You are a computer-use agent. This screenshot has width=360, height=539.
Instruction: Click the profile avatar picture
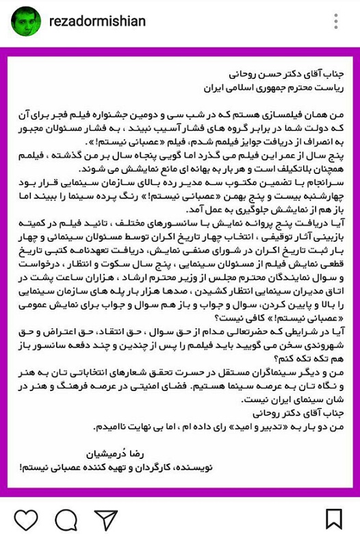pyautogui.click(x=25, y=22)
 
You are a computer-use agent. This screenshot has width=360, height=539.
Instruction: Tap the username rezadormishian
pyautogui.click(x=97, y=22)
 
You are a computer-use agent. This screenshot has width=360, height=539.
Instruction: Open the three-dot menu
pyautogui.click(x=335, y=22)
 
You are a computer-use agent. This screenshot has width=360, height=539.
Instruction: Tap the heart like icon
pyautogui.click(x=25, y=520)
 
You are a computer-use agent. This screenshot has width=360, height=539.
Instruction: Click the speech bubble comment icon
pyautogui.click(x=66, y=520)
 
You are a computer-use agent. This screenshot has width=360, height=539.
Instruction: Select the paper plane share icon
pyautogui.click(x=106, y=520)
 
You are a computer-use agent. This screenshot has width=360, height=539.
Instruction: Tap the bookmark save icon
pyautogui.click(x=334, y=520)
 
